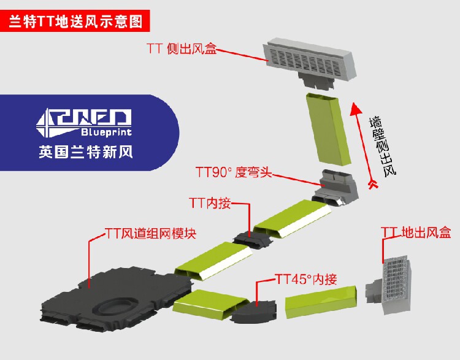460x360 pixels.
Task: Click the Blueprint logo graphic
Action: coord(85,123)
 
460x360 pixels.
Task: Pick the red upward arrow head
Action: coord(354,109)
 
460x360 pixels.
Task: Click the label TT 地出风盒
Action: coord(416,232)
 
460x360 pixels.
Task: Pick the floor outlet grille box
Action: coord(392,283)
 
